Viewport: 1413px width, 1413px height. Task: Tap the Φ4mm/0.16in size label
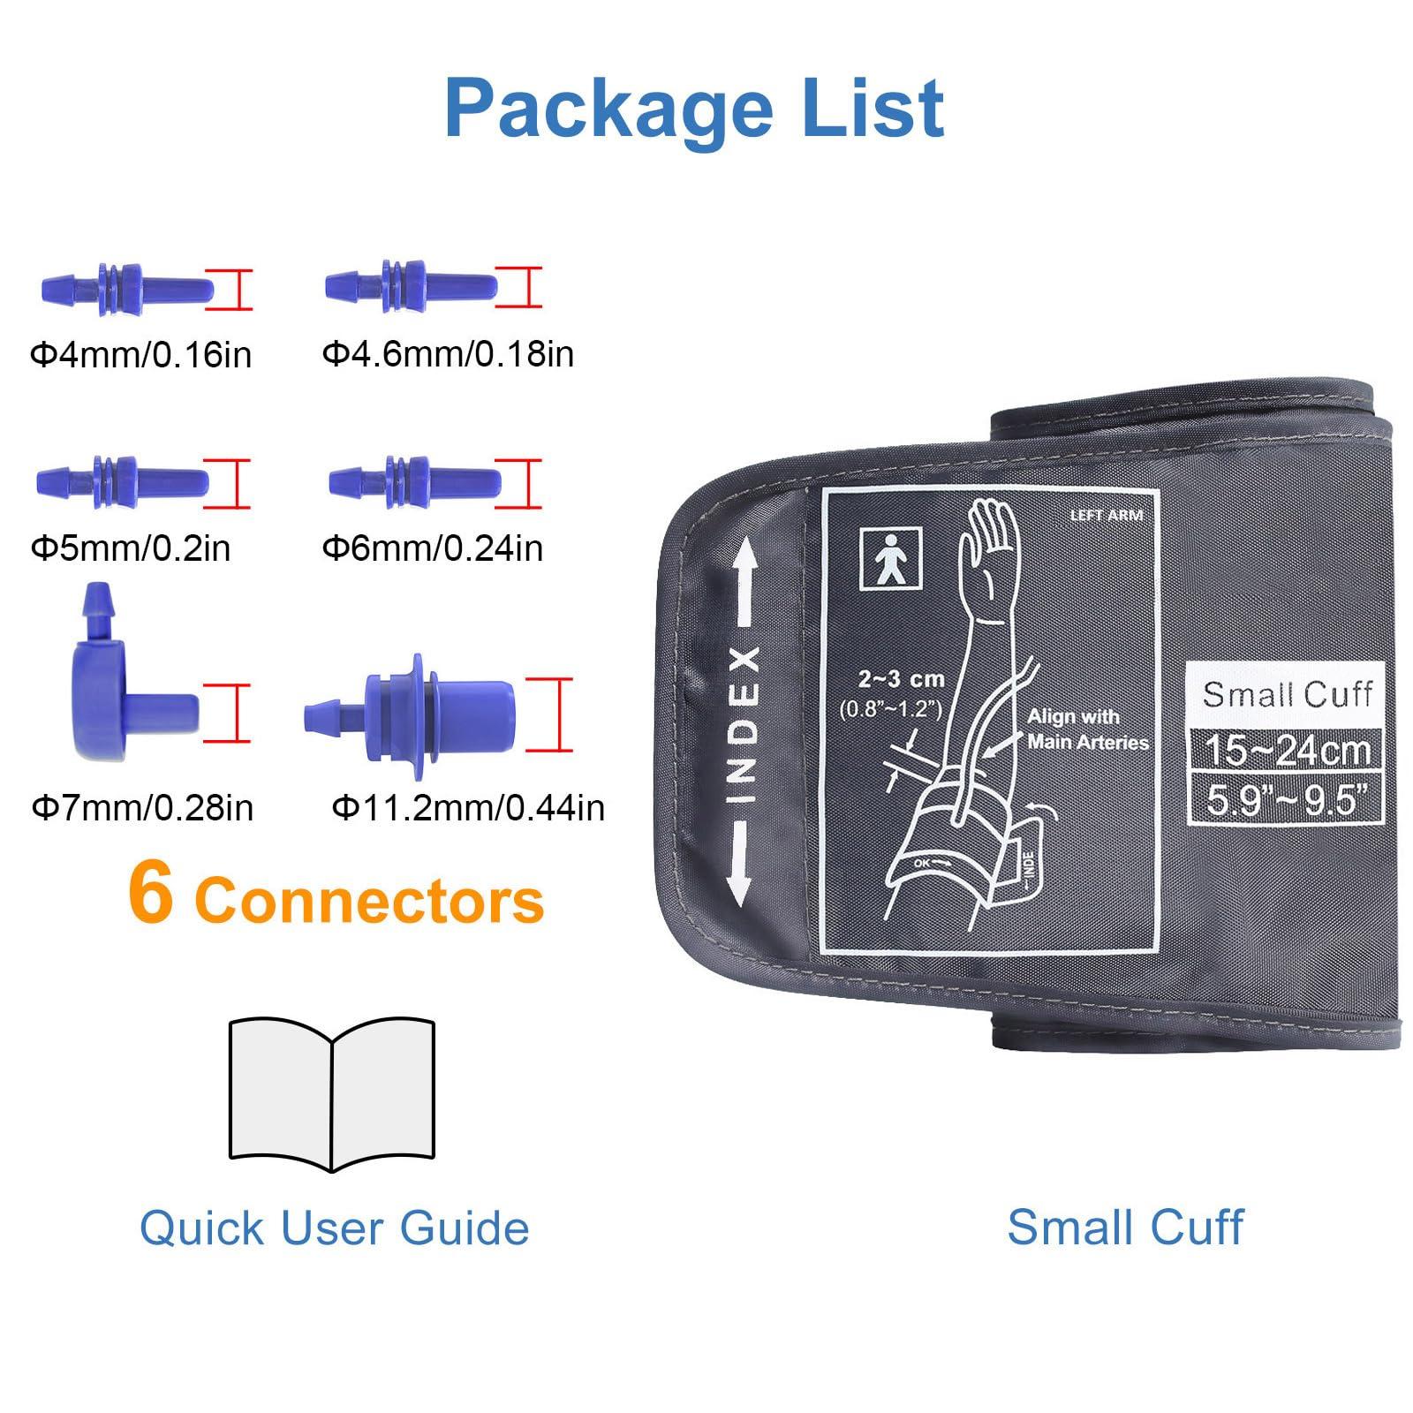click(141, 355)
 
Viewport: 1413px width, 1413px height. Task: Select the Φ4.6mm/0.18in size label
click(448, 354)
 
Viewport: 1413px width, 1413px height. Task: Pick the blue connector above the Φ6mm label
click(414, 481)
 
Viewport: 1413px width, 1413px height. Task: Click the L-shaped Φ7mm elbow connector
click(124, 698)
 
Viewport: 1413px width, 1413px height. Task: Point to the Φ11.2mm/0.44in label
click(468, 807)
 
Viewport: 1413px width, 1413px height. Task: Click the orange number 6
click(150, 894)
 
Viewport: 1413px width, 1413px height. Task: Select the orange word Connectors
click(369, 901)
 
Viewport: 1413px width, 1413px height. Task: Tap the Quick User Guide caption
click(335, 1228)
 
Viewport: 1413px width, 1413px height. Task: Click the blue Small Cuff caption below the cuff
click(1125, 1228)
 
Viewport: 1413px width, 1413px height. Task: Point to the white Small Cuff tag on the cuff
click(1287, 694)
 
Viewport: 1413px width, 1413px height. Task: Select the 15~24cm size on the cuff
click(1287, 750)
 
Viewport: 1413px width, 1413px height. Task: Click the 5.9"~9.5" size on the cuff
click(1287, 800)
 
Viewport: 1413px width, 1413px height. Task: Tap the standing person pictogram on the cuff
click(891, 558)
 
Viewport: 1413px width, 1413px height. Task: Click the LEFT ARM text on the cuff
click(1106, 515)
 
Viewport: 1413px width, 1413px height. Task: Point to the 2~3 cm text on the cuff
click(901, 679)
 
